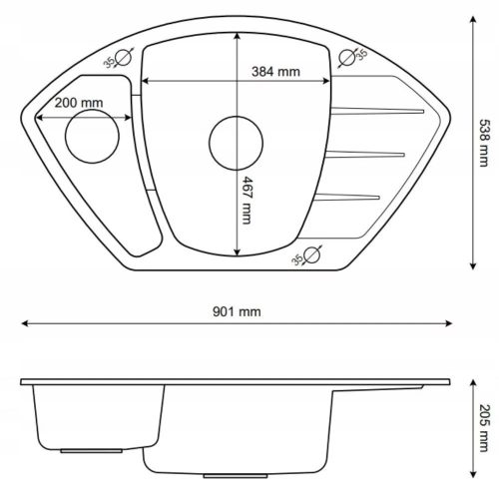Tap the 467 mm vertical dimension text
[x=247, y=208]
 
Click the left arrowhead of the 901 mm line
[x=27, y=323]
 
